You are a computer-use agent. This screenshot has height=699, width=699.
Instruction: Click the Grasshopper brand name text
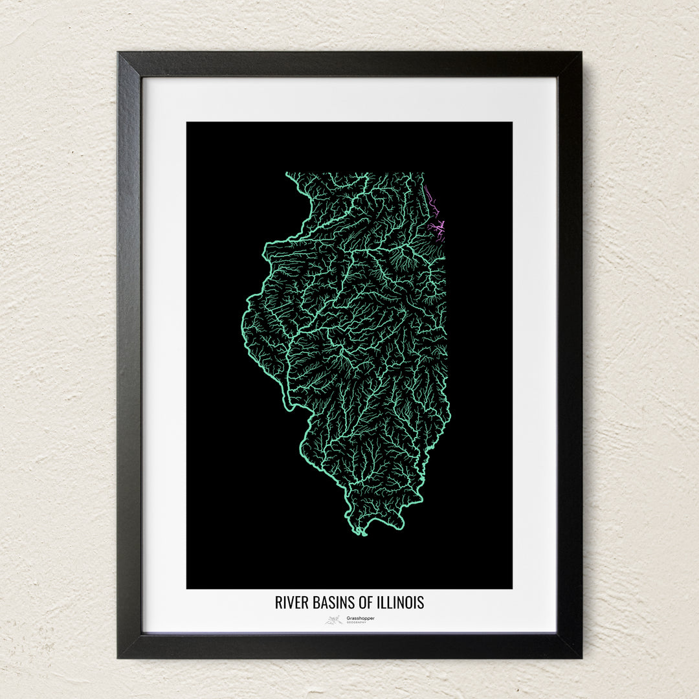(361, 617)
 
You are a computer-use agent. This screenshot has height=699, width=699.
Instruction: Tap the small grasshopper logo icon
(334, 620)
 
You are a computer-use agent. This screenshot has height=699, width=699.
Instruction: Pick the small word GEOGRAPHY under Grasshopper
(357, 623)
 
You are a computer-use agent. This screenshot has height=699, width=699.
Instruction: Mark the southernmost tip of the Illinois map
(362, 534)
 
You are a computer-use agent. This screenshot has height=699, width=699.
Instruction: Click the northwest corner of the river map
(287, 173)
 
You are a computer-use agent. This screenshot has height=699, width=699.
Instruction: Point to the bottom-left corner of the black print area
(188, 588)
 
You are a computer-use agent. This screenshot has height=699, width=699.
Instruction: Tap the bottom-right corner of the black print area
(511, 588)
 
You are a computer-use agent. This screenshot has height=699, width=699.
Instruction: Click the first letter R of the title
(278, 603)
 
